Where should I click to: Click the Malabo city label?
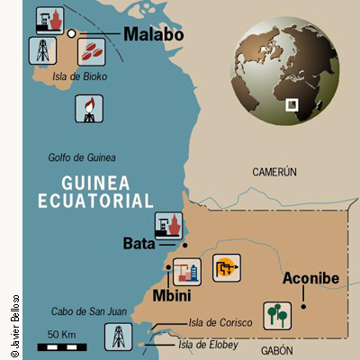coord(153,34)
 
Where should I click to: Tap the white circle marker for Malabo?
coord(71,33)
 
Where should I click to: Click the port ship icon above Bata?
coord(167,222)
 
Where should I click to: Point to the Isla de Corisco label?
coord(218,322)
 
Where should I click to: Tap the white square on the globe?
coord(292,104)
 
